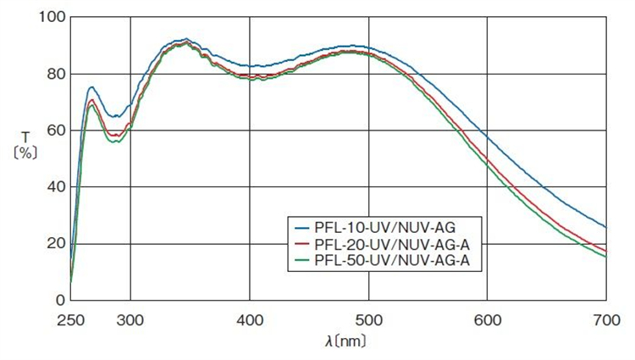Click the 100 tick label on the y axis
coord(48,17)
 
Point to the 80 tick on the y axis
coord(52,74)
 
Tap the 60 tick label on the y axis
coord(52,130)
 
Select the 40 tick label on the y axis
coord(52,187)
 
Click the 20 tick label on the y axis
coord(52,244)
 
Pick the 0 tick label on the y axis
coord(57,300)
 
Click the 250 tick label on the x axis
coord(70,320)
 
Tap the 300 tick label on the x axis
coord(130,320)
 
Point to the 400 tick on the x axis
coord(250,320)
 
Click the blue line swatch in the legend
coord(301,228)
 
